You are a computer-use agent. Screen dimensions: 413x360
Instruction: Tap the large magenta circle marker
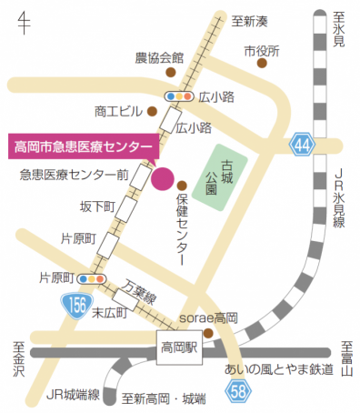[163, 177]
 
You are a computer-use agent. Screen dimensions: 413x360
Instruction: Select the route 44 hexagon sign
[304, 144]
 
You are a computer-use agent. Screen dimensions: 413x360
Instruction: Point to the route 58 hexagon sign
[237, 391]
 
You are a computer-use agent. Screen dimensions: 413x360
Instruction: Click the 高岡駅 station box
[179, 347]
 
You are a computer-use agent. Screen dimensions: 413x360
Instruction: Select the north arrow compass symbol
[24, 20]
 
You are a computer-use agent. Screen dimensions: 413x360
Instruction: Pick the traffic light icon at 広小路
[178, 96]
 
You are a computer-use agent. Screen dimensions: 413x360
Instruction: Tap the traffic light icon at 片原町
[90, 278]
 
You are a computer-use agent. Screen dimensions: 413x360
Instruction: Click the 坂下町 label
[97, 206]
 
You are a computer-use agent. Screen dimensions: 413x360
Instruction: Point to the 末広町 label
[113, 312]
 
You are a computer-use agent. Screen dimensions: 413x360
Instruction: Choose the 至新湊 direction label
[249, 21]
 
